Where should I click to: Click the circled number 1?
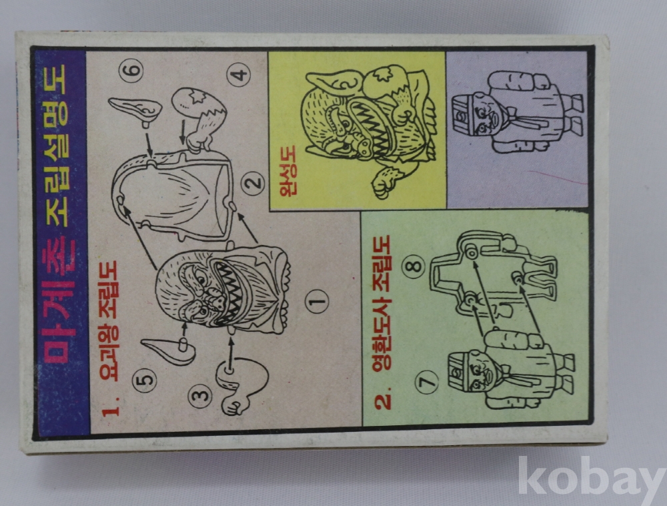[317, 301]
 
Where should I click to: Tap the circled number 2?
[253, 183]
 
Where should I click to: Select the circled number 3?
[200, 396]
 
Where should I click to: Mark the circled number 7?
[427, 382]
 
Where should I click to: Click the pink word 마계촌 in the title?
[58, 300]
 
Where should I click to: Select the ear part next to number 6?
[136, 111]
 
